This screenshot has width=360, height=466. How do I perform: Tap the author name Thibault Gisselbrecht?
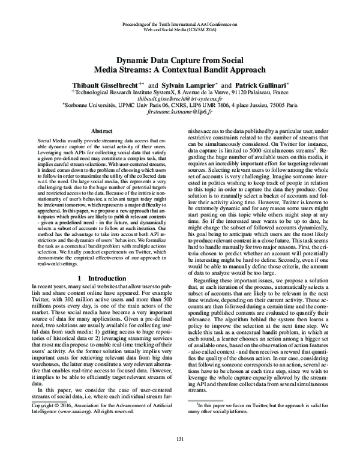pyautogui.click(x=104, y=86)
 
